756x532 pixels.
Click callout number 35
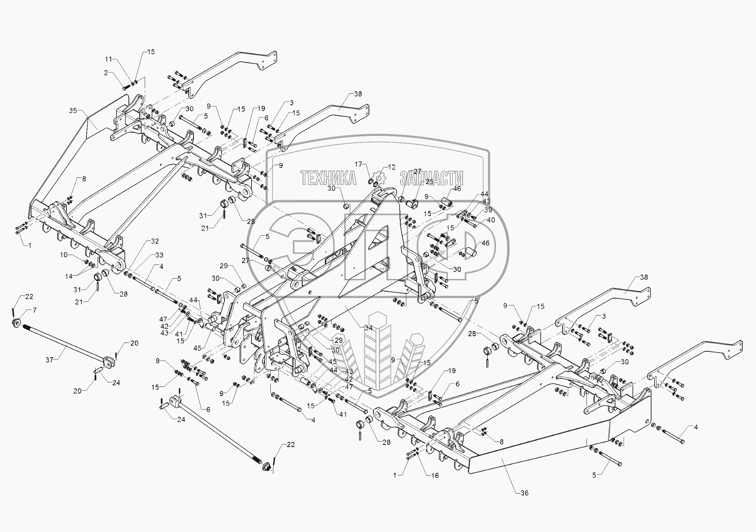click(x=73, y=110)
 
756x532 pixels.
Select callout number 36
click(x=524, y=493)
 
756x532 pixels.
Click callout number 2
click(x=106, y=73)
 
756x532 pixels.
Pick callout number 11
click(x=108, y=59)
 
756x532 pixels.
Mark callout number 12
click(x=391, y=167)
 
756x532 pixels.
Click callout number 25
click(x=430, y=182)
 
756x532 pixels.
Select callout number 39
click(x=488, y=210)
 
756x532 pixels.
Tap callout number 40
click(x=490, y=220)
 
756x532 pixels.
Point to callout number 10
click(x=64, y=255)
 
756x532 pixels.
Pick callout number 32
click(x=155, y=241)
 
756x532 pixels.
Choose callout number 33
click(x=159, y=255)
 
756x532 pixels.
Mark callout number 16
click(x=435, y=475)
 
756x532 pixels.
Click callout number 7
click(x=35, y=310)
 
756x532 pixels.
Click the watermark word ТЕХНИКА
click(x=328, y=178)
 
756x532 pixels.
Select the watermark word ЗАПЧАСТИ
click(x=431, y=178)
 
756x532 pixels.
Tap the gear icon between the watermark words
click(x=379, y=178)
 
